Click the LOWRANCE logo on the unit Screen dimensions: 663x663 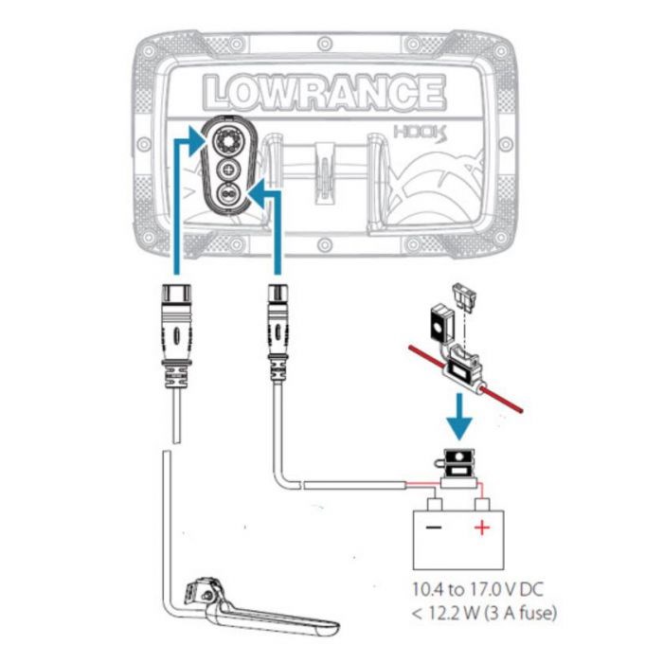(323, 92)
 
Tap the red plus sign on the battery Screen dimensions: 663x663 (482, 527)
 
